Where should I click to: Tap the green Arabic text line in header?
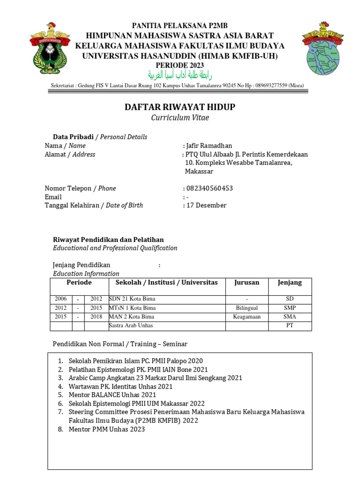tap(180, 75)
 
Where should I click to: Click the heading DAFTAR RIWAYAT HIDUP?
tap(180, 107)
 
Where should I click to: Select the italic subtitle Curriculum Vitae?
tap(180, 118)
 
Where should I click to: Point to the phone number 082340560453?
tap(210, 188)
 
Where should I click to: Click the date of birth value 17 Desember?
tap(206, 205)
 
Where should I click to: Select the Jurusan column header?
tap(247, 283)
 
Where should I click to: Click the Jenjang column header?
tap(290, 283)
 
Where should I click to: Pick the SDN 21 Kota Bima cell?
tap(132, 299)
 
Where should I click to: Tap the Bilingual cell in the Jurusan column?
tap(247, 308)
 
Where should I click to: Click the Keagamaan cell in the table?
tap(247, 317)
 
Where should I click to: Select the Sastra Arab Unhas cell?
tap(131, 326)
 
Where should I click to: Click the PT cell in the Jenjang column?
tap(290, 326)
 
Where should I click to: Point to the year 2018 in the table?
tap(96, 317)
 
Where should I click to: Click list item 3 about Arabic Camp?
tap(155, 378)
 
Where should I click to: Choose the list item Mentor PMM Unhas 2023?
tap(107, 429)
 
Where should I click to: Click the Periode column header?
tap(79, 283)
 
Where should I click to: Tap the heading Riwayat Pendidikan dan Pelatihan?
tap(108, 240)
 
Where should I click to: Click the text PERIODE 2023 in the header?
tap(180, 65)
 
